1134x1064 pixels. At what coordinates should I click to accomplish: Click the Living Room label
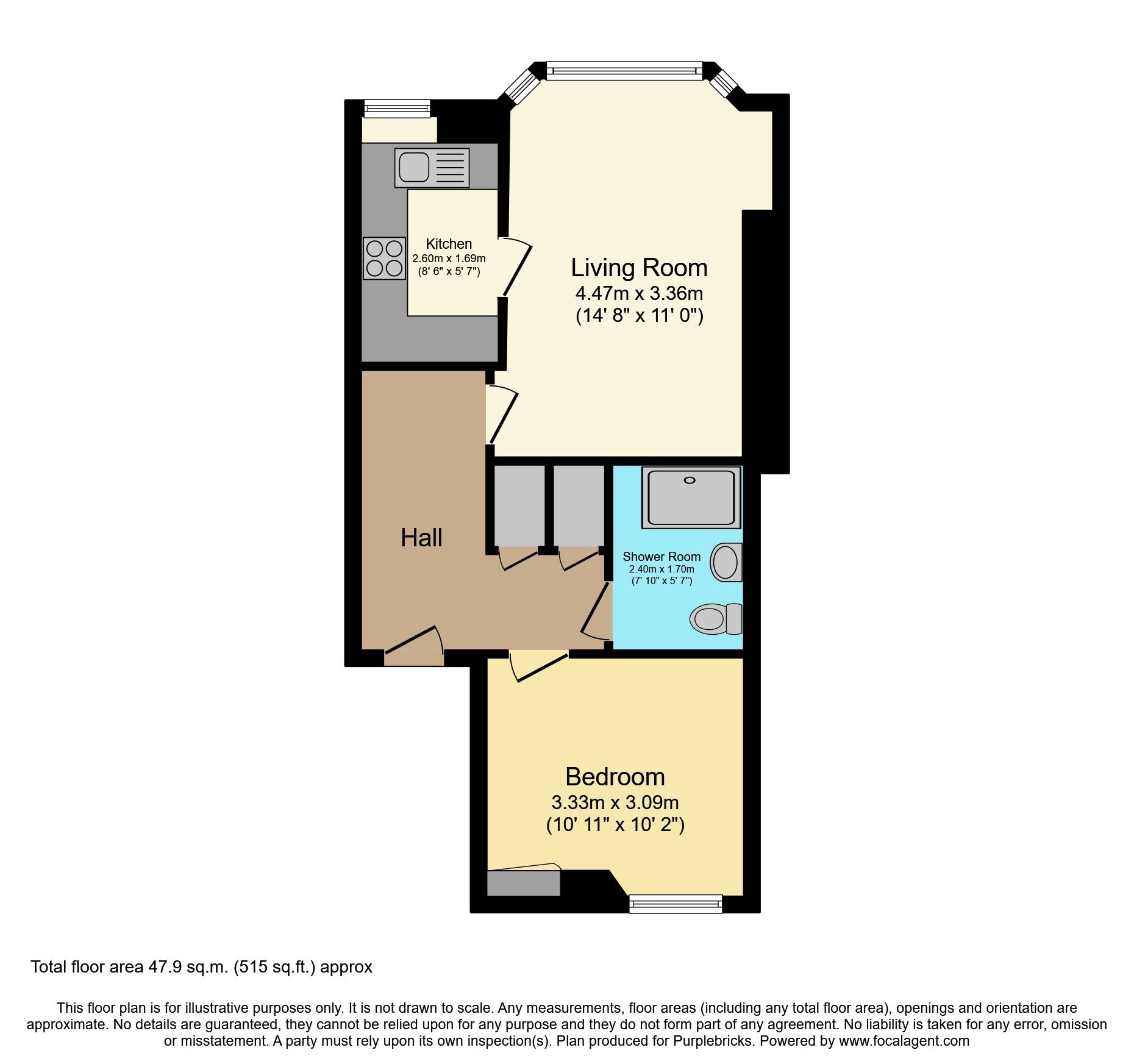pos(638,268)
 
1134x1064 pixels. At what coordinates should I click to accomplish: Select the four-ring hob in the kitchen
pos(384,258)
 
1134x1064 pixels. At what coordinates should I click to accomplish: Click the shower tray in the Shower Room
pos(691,497)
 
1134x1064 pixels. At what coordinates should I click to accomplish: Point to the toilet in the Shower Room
pos(716,619)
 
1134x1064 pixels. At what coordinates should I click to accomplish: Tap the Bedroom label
pos(615,777)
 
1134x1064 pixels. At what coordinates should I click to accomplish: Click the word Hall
pos(421,538)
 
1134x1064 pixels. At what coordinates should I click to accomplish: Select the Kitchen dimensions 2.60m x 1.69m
pos(449,259)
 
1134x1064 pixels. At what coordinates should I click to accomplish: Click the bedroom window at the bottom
pos(675,904)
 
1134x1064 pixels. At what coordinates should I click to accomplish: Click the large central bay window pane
pos(624,71)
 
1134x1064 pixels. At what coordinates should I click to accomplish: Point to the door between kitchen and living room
pos(516,269)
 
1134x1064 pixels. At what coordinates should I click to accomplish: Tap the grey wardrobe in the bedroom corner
pos(523,883)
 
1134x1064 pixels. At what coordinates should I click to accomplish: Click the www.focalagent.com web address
pos(904,1041)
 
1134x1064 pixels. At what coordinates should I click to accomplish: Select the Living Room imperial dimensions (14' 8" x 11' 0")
pos(639,316)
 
